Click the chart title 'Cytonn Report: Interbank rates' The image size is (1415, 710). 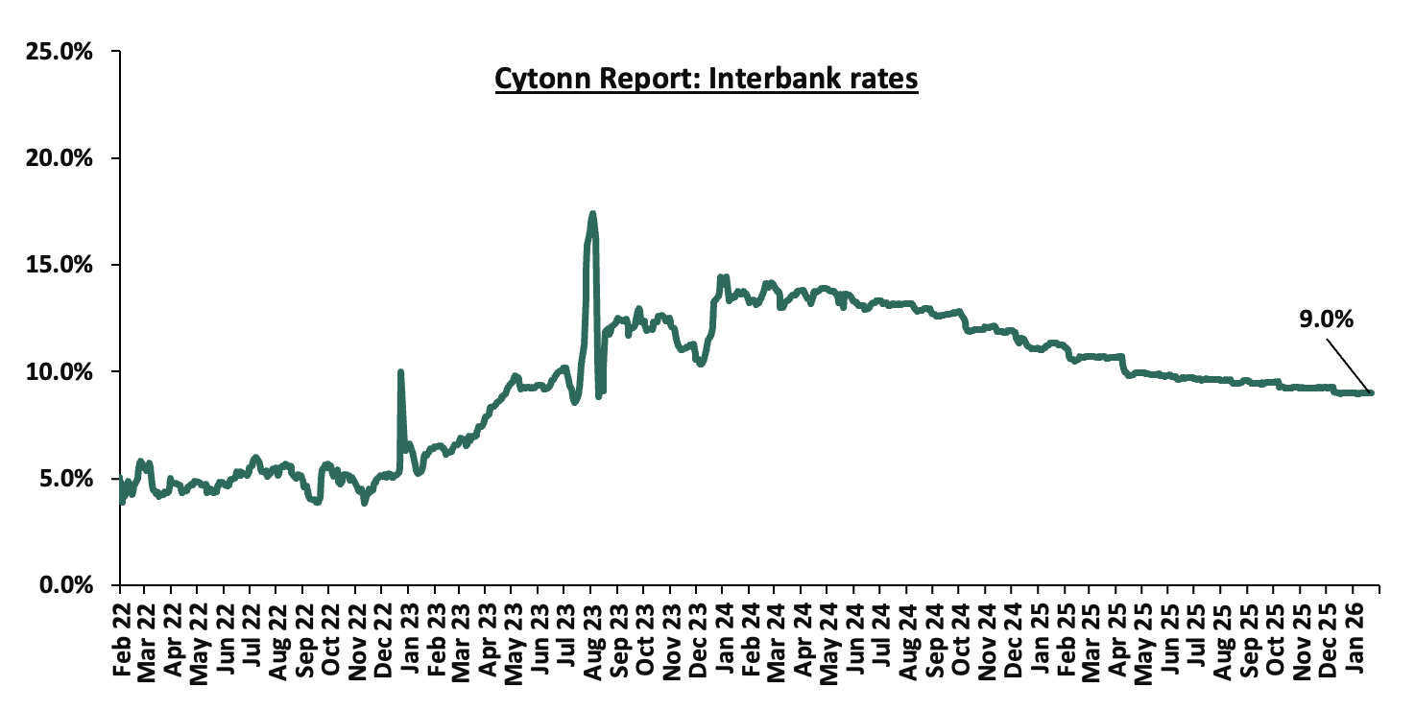coord(707,80)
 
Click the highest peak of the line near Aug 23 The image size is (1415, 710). coord(592,213)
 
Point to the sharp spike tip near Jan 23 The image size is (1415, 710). coord(400,371)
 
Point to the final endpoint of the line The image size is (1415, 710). coord(1371,392)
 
